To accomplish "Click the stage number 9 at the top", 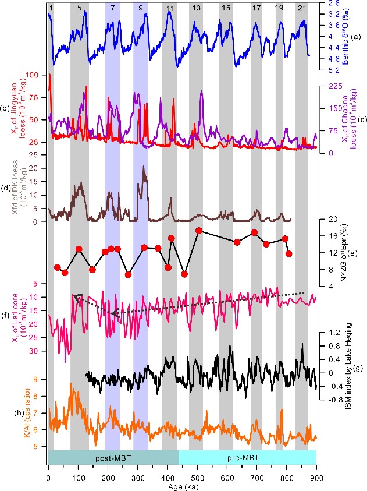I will (140, 7).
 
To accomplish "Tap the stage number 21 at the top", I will (301, 7).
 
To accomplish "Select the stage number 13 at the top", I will (197, 7).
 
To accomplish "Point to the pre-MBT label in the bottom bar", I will (247, 458).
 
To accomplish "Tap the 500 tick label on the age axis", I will (197, 470).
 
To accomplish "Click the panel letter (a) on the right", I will (354, 37).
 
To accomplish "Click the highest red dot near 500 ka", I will (198, 231).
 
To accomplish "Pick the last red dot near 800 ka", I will (289, 253).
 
